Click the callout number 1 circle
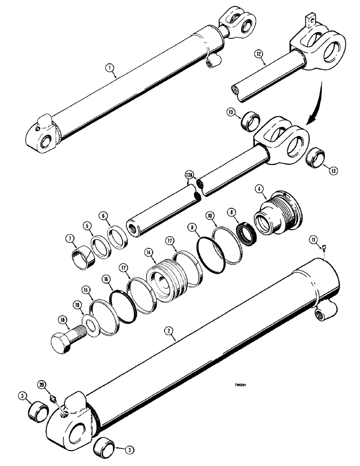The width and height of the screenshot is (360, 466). coord(110,69)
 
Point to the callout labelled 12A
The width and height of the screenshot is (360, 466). coord(189,174)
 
